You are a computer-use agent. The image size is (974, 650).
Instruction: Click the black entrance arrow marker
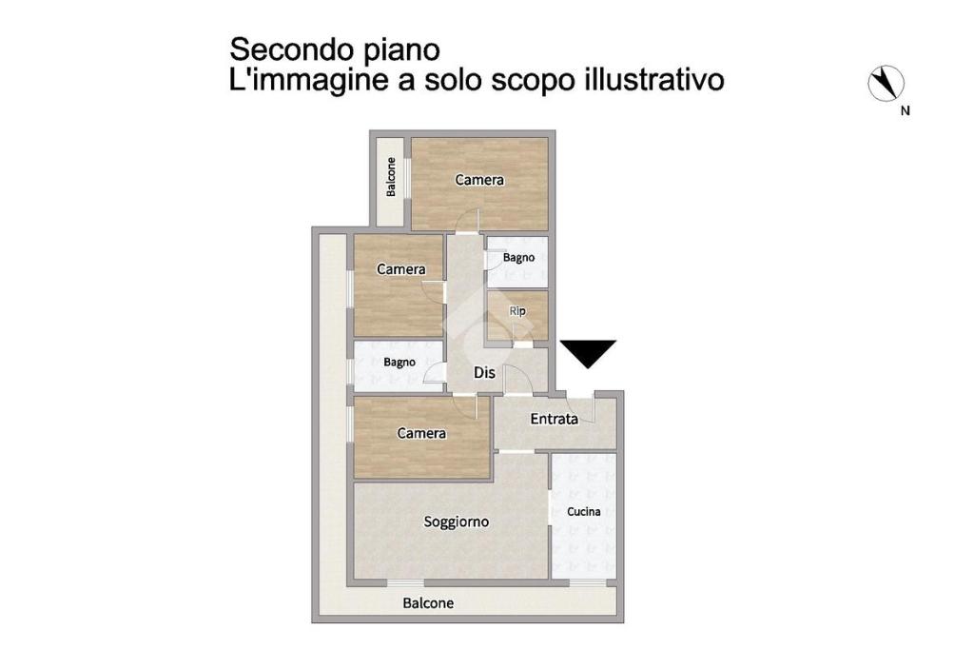pyautogui.click(x=588, y=353)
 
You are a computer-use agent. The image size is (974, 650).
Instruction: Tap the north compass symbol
pyautogui.click(x=886, y=83)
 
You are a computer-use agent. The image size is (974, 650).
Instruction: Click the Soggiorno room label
pyautogui.click(x=457, y=522)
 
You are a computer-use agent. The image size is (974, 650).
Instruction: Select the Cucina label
pyautogui.click(x=584, y=511)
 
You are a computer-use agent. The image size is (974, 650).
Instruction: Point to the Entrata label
pyautogui.click(x=555, y=419)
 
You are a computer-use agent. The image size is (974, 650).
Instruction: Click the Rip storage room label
pyautogui.click(x=517, y=310)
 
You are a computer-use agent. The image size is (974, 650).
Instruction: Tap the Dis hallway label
pyautogui.click(x=484, y=372)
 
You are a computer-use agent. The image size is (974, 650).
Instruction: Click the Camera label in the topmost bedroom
pyautogui.click(x=479, y=180)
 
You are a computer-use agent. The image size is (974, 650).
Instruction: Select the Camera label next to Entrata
pyautogui.click(x=421, y=433)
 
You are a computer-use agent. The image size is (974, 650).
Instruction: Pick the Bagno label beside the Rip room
pyautogui.click(x=518, y=257)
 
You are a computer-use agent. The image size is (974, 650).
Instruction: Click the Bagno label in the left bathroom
pyautogui.click(x=399, y=362)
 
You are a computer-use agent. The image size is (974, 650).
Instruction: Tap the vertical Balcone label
pyautogui.click(x=391, y=177)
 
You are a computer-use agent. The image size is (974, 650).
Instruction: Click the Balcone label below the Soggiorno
pyautogui.click(x=428, y=602)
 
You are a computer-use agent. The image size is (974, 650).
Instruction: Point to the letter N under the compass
pyautogui.click(x=906, y=110)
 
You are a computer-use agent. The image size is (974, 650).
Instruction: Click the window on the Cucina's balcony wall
pyautogui.click(x=588, y=582)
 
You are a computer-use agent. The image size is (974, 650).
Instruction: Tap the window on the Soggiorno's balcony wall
pyautogui.click(x=405, y=582)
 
